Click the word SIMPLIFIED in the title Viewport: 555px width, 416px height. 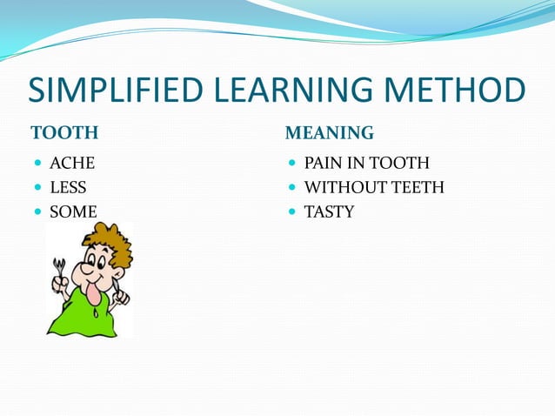click(x=112, y=91)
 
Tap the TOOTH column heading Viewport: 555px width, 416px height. click(x=64, y=133)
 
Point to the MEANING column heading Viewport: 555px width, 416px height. click(x=330, y=133)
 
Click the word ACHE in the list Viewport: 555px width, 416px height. click(x=72, y=163)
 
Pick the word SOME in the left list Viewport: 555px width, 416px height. click(x=73, y=211)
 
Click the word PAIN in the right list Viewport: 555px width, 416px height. click(x=322, y=163)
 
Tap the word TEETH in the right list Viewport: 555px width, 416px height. click(x=418, y=187)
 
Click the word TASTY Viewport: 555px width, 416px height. click(x=329, y=211)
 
